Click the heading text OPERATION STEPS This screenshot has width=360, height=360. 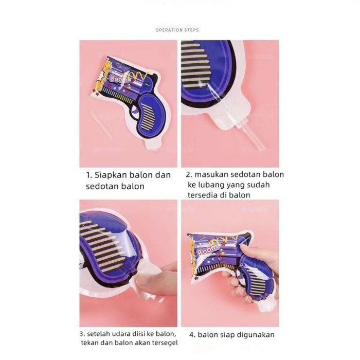(177, 30)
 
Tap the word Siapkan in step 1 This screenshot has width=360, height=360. (111, 175)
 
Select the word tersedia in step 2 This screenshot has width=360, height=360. (202, 195)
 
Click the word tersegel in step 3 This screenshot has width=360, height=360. (165, 343)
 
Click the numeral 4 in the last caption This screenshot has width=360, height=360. (192, 335)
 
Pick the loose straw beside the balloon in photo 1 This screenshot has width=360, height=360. (101, 125)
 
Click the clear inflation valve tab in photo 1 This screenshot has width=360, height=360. (152, 145)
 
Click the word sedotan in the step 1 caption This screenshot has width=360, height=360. (102, 186)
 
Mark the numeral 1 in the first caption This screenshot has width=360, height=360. (88, 176)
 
